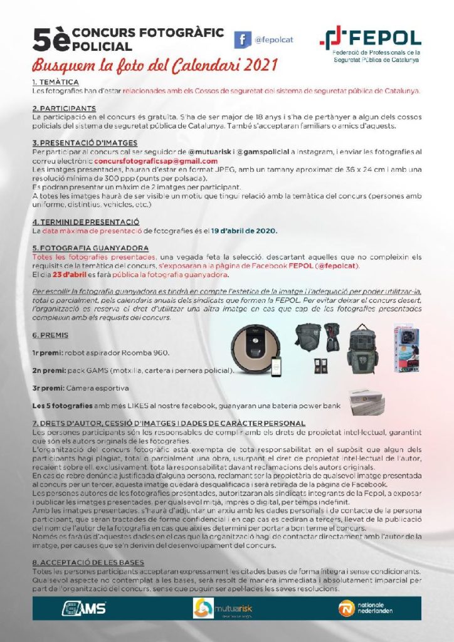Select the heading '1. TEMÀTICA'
click(55, 82)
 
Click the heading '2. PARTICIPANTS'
click(63, 108)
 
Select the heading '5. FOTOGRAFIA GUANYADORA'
click(90, 248)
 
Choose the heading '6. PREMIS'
click(50, 335)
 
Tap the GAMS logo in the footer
click(83, 608)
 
